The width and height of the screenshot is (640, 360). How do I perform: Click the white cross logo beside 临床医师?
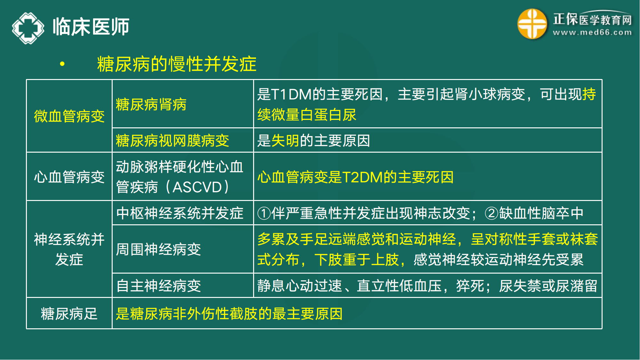point(28,28)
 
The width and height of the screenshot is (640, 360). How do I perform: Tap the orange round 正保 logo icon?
point(532,24)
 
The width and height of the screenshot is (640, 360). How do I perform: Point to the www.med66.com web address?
point(592,33)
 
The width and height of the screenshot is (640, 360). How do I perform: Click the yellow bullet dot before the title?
point(62,64)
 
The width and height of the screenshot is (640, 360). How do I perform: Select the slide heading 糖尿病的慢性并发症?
point(177,64)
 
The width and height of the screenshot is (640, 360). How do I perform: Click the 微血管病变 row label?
point(69,116)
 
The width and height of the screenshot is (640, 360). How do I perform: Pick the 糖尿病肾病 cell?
point(151,104)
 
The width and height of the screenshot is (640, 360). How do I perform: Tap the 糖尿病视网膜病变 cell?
point(172,140)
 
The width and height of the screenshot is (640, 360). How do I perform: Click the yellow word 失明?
point(285,140)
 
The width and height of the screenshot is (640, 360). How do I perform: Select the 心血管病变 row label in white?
point(69,177)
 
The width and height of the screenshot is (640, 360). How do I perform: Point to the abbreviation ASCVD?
point(197,187)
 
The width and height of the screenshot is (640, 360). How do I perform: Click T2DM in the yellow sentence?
point(362,177)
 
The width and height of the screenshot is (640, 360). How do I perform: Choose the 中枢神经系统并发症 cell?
point(180,213)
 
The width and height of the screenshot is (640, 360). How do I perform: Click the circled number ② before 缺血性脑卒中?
point(491,213)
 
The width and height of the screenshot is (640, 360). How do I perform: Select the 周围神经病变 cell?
point(158,249)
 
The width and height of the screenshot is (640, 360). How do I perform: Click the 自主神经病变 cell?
point(158,286)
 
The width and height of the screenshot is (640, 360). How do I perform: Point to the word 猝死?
point(470,286)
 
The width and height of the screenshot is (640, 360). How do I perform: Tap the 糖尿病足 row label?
point(69,314)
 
